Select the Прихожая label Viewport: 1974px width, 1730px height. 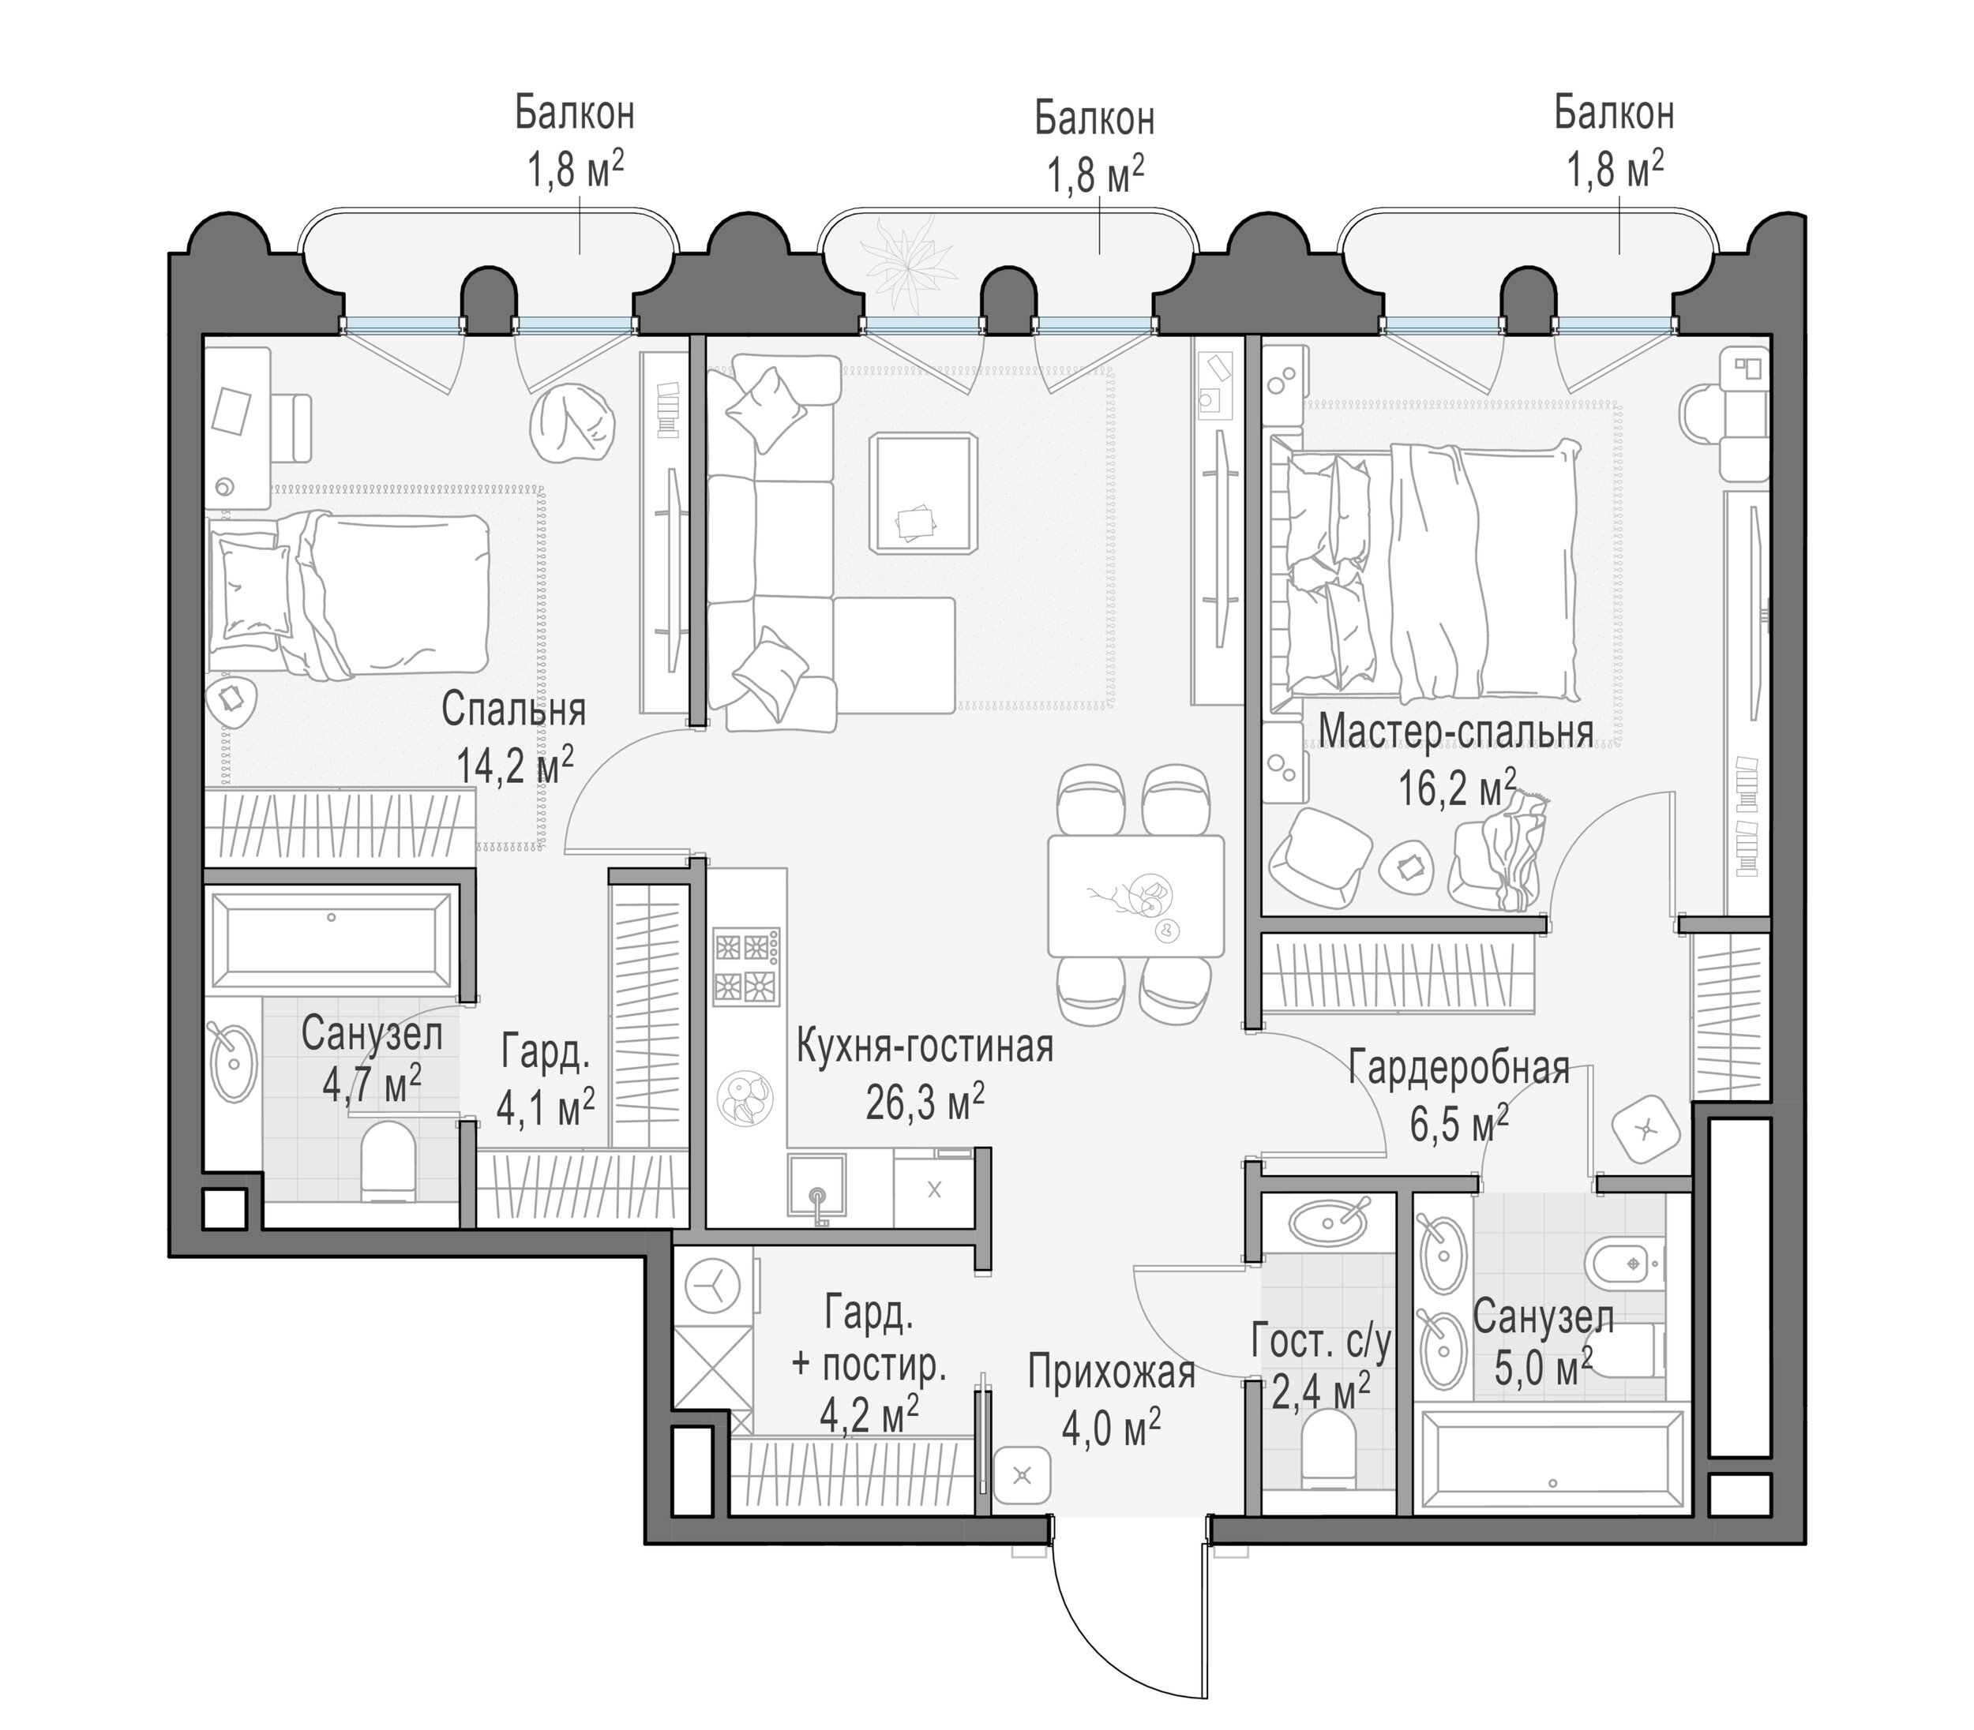(1111, 1372)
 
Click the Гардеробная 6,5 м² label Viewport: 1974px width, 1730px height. (1459, 1097)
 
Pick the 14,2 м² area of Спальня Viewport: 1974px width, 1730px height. (515, 766)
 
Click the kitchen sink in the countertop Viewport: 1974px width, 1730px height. (818, 1190)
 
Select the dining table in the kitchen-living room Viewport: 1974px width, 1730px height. (1135, 896)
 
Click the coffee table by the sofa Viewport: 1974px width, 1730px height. (923, 493)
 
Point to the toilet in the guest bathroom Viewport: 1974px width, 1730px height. (1328, 1447)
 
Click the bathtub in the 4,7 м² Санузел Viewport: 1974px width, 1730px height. (332, 942)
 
